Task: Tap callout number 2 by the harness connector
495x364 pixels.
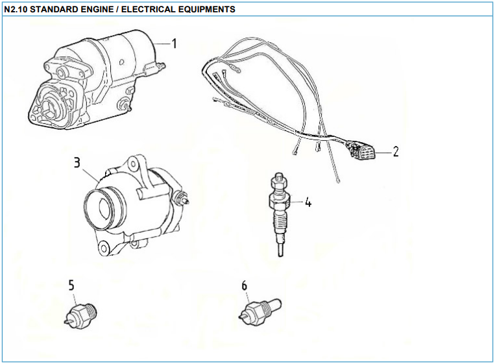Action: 395,152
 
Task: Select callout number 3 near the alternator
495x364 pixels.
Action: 77,162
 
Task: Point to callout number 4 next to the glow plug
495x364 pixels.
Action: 308,202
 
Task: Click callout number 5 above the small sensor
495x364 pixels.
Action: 71,285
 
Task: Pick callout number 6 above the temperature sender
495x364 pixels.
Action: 244,285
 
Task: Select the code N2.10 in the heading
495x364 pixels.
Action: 16,10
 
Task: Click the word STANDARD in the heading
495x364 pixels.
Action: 53,10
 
